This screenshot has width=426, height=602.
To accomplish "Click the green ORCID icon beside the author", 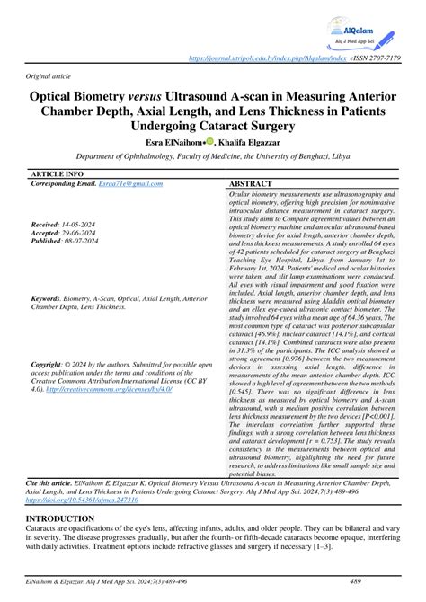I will click(209, 141).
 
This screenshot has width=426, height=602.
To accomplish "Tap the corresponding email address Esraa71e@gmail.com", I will click(131, 183).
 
